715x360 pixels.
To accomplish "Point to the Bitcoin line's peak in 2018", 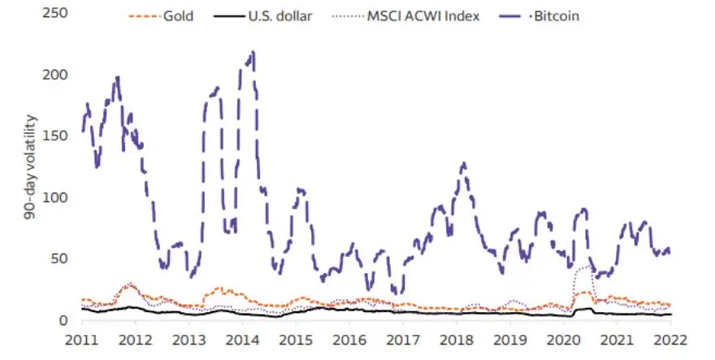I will [462, 163].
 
